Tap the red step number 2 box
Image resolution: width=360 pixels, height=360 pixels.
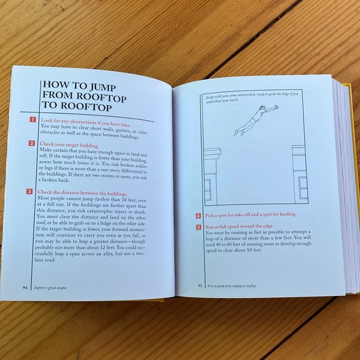[32, 143]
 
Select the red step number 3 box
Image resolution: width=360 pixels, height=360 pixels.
[30, 191]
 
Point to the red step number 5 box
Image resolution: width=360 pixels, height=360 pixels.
[198, 227]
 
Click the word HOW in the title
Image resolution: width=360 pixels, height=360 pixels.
[55, 86]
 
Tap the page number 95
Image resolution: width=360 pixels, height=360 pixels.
[200, 286]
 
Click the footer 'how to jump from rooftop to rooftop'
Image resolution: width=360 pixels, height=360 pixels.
[235, 286]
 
